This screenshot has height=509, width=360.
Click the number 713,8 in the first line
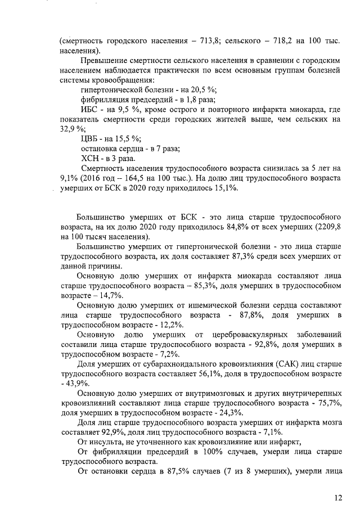[x=208, y=41]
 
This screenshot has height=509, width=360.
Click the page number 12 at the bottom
[x=337, y=497]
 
